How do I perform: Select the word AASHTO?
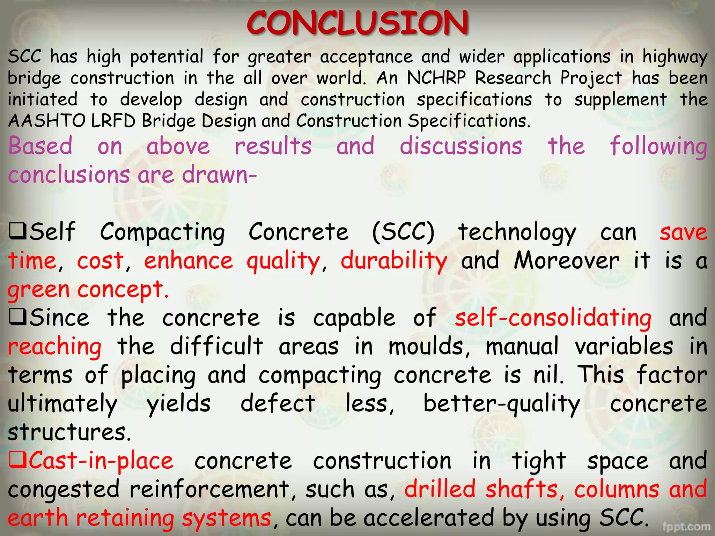(46, 121)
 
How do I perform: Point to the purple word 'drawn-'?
(220, 174)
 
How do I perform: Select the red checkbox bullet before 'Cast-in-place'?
(17, 460)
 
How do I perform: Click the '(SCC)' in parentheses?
(403, 232)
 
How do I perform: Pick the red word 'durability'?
(394, 261)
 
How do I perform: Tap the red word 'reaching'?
(55, 347)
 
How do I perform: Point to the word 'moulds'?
(429, 347)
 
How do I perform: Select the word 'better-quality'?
(502, 404)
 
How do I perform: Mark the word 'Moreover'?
(566, 261)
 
